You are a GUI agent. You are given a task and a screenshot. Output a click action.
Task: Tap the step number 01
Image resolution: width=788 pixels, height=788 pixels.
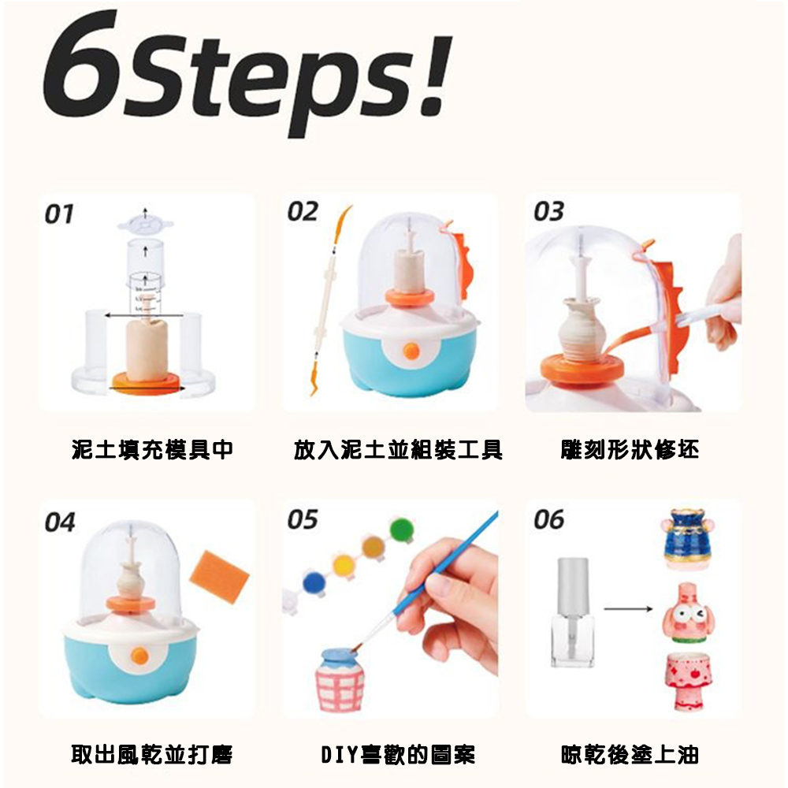click(x=59, y=214)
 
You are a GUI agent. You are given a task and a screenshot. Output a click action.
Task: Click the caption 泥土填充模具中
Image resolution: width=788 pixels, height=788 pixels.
click(x=152, y=450)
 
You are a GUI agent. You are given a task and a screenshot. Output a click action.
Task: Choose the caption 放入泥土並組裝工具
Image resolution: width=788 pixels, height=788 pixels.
click(x=397, y=450)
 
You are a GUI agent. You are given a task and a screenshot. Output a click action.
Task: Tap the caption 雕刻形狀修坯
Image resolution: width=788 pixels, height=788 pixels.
click(x=630, y=450)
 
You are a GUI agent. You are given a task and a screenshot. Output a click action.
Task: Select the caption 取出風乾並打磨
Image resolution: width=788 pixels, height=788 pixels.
click(x=152, y=754)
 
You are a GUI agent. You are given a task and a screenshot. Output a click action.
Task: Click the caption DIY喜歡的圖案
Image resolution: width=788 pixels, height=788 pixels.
click(x=397, y=754)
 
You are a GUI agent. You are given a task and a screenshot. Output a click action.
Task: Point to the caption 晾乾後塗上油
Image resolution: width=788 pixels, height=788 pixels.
click(x=630, y=754)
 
